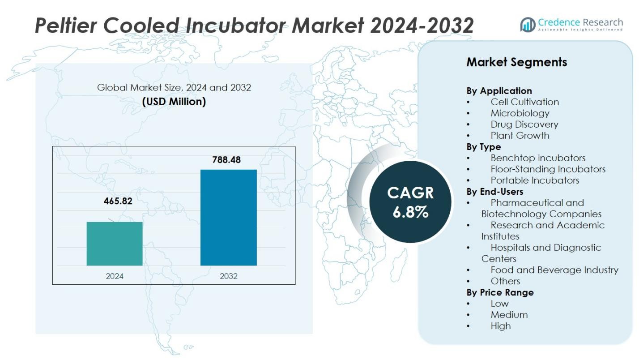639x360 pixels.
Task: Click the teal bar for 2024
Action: [x=115, y=244]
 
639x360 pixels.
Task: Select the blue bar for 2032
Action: [x=228, y=218]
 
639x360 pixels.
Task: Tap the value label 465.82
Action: [x=118, y=201]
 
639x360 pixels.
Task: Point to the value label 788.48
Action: [x=226, y=159]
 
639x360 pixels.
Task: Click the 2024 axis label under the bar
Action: [x=115, y=276]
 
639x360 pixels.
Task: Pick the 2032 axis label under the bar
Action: [x=228, y=276]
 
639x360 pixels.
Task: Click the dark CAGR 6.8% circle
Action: [x=410, y=202]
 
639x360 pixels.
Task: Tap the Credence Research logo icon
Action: [x=528, y=25]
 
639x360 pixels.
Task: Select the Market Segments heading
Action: [x=516, y=62]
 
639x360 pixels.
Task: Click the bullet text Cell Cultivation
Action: [x=524, y=102]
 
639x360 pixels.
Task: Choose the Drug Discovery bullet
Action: [x=524, y=124]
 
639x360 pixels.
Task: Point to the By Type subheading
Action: [x=484, y=147]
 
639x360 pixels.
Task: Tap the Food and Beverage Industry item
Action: [x=554, y=270]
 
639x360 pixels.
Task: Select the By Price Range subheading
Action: [x=500, y=292]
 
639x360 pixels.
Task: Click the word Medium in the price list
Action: [x=509, y=315]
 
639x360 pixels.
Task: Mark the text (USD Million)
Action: [x=174, y=102]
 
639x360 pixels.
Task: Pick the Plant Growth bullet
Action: [x=520, y=136]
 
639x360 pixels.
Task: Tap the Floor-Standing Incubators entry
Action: [x=548, y=169]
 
